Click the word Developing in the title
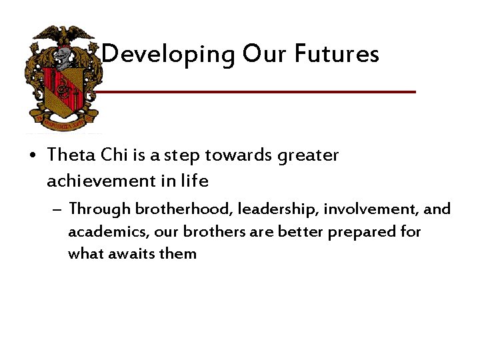(x=169, y=54)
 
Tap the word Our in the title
(x=265, y=53)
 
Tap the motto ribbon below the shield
(x=63, y=123)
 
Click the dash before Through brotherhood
(x=59, y=209)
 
